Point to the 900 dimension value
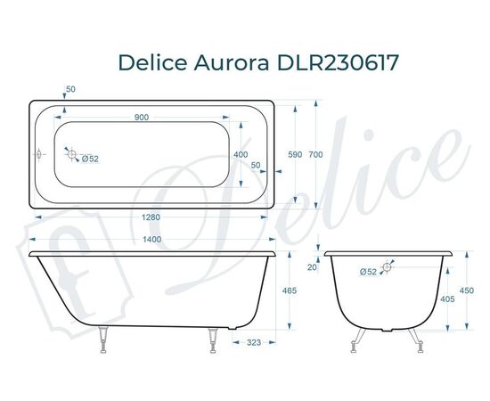click(142, 118)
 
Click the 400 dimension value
click(241, 154)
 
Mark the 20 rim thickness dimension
click(312, 266)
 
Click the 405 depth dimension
click(447, 299)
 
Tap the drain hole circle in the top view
click(72, 154)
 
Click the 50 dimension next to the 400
click(255, 166)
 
